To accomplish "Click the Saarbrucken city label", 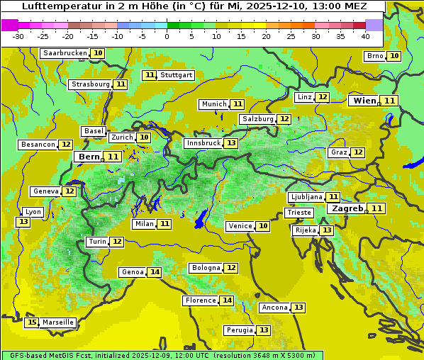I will (x=65, y=53).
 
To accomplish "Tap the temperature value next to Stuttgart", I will (x=149, y=75).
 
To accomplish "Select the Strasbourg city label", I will (x=90, y=84).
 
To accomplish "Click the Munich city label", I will (x=213, y=104).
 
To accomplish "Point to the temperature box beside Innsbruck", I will (x=231, y=143).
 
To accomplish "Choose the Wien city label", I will (x=365, y=101).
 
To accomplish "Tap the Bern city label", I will (x=89, y=157).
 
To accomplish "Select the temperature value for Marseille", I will (x=31, y=322).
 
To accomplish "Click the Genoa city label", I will (x=132, y=272).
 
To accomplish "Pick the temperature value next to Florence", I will (x=227, y=300).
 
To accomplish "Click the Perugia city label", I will (x=238, y=330).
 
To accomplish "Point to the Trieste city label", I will (x=299, y=213).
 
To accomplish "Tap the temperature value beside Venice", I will (x=263, y=226).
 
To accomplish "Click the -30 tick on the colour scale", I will (x=18, y=35).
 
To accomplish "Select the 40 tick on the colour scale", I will (x=365, y=35).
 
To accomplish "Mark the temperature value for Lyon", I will (x=23, y=222).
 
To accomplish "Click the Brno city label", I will (x=375, y=56).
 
